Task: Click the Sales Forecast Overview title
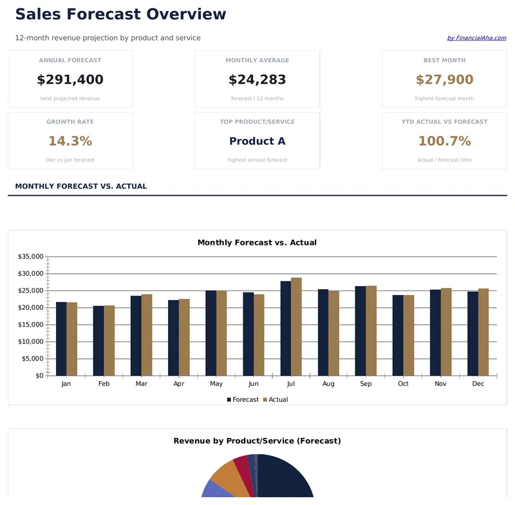click(x=120, y=14)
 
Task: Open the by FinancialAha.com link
click(x=476, y=38)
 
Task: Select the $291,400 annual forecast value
click(x=70, y=80)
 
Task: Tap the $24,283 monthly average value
click(x=257, y=80)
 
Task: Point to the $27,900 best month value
click(x=444, y=80)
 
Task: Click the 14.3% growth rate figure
click(x=70, y=141)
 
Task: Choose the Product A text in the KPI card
click(x=257, y=141)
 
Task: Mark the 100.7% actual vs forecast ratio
click(x=444, y=141)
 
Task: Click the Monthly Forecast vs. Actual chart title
click(x=257, y=243)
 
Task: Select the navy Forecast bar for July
click(x=286, y=329)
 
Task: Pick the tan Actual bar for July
click(x=296, y=327)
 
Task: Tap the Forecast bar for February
click(x=98, y=341)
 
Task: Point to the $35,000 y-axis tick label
click(x=31, y=257)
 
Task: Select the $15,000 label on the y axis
click(x=31, y=325)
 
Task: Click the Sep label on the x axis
click(x=366, y=384)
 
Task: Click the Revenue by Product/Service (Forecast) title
click(x=257, y=441)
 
